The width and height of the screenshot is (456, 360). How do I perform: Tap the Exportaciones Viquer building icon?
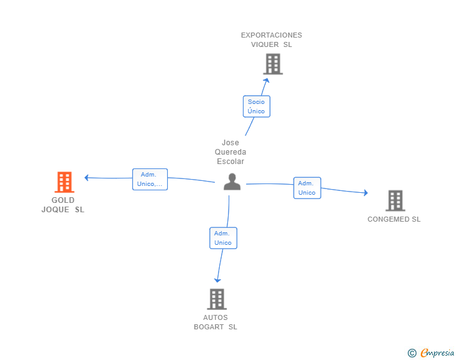[x=272, y=64]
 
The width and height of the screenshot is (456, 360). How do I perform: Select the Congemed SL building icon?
[x=395, y=200]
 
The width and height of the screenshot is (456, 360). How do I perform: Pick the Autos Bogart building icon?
[x=216, y=299]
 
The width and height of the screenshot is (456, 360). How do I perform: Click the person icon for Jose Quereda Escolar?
[x=232, y=182]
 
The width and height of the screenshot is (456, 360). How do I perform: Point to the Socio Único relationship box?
[x=256, y=106]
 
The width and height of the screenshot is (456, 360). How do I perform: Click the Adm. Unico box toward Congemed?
[x=307, y=188]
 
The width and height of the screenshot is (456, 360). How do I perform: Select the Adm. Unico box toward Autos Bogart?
[x=223, y=238]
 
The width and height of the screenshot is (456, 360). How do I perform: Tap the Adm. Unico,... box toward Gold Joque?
[x=150, y=179]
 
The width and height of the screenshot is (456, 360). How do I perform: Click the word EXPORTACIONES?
[x=271, y=35]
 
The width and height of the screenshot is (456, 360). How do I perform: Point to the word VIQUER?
[x=265, y=44]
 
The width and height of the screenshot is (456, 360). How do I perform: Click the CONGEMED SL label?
[x=394, y=219]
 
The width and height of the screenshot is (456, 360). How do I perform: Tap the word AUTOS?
[x=215, y=317]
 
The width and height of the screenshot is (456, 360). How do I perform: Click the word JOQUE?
[x=55, y=210]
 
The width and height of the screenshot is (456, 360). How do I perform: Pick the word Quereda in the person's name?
[x=231, y=152]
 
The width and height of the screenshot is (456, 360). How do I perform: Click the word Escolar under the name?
[x=231, y=162]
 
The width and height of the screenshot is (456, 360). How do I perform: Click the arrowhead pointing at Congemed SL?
[x=366, y=193]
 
